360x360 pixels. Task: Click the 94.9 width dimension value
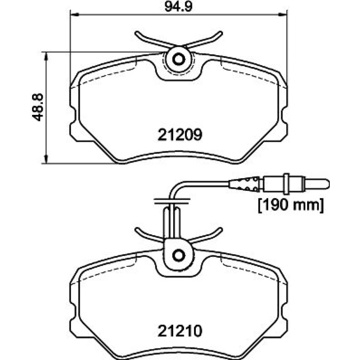click(x=179, y=6)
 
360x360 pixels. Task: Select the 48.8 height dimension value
click(x=37, y=107)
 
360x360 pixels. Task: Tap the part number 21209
click(x=180, y=135)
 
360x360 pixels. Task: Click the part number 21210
click(x=180, y=331)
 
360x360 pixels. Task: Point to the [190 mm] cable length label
click(x=291, y=205)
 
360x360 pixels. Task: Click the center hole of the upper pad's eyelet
click(x=179, y=59)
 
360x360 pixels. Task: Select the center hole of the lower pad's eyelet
click(x=179, y=256)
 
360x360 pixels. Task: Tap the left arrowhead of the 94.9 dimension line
click(x=75, y=15)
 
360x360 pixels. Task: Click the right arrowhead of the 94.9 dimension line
click(x=282, y=15)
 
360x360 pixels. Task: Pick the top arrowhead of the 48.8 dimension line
click(x=46, y=56)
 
